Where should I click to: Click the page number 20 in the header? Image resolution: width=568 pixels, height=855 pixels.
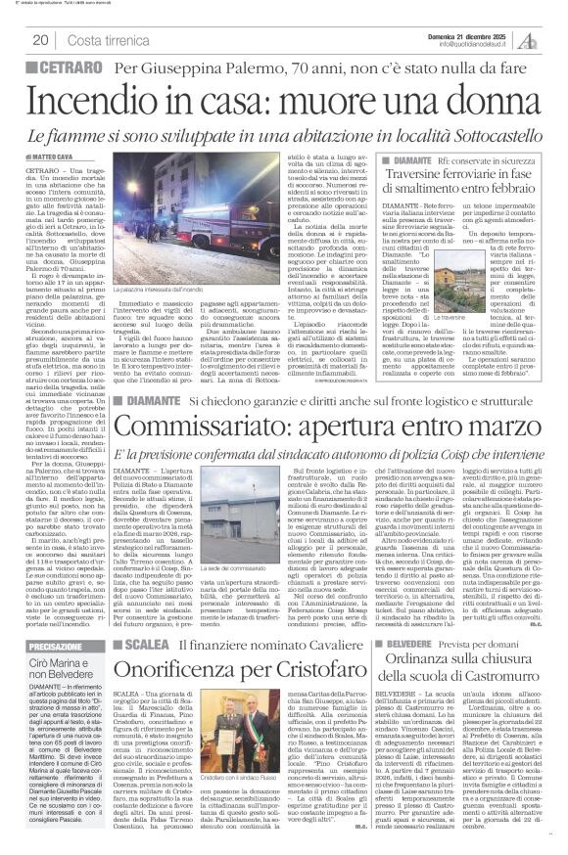[41, 40]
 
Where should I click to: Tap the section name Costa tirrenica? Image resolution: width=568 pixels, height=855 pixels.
[104, 40]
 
